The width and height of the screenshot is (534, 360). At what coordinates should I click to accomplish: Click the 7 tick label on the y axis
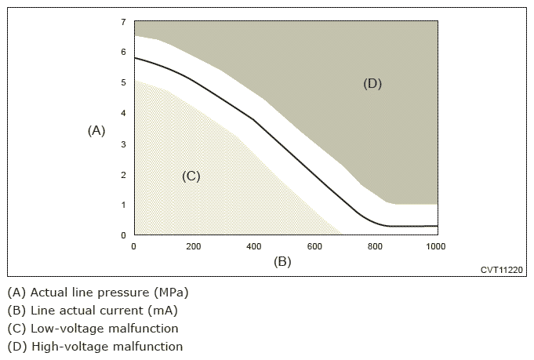pyautogui.click(x=123, y=23)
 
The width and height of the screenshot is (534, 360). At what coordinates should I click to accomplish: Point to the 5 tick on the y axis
pyautogui.click(x=123, y=83)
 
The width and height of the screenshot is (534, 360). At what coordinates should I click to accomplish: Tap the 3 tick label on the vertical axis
pyautogui.click(x=123, y=144)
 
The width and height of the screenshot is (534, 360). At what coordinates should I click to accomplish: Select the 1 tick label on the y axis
pyautogui.click(x=123, y=205)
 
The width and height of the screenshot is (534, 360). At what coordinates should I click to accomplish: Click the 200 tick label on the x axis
pyautogui.click(x=194, y=246)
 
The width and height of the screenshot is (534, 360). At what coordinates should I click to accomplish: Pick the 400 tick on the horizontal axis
pyautogui.click(x=254, y=246)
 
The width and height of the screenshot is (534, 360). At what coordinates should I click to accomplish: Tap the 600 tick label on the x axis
pyautogui.click(x=314, y=246)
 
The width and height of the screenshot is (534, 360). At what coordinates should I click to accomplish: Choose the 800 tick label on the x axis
pyautogui.click(x=375, y=246)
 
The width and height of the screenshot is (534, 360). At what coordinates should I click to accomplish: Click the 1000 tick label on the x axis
pyautogui.click(x=435, y=246)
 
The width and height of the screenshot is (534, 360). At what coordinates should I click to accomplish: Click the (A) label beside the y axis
pyautogui.click(x=96, y=131)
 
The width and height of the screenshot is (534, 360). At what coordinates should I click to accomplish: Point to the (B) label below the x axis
pyautogui.click(x=282, y=262)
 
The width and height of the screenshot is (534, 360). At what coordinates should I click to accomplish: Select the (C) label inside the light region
pyautogui.click(x=191, y=176)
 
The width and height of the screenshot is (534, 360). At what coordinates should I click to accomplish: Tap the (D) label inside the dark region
pyautogui.click(x=372, y=84)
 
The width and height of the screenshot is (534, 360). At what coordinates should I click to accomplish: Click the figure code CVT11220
pyautogui.click(x=501, y=270)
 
